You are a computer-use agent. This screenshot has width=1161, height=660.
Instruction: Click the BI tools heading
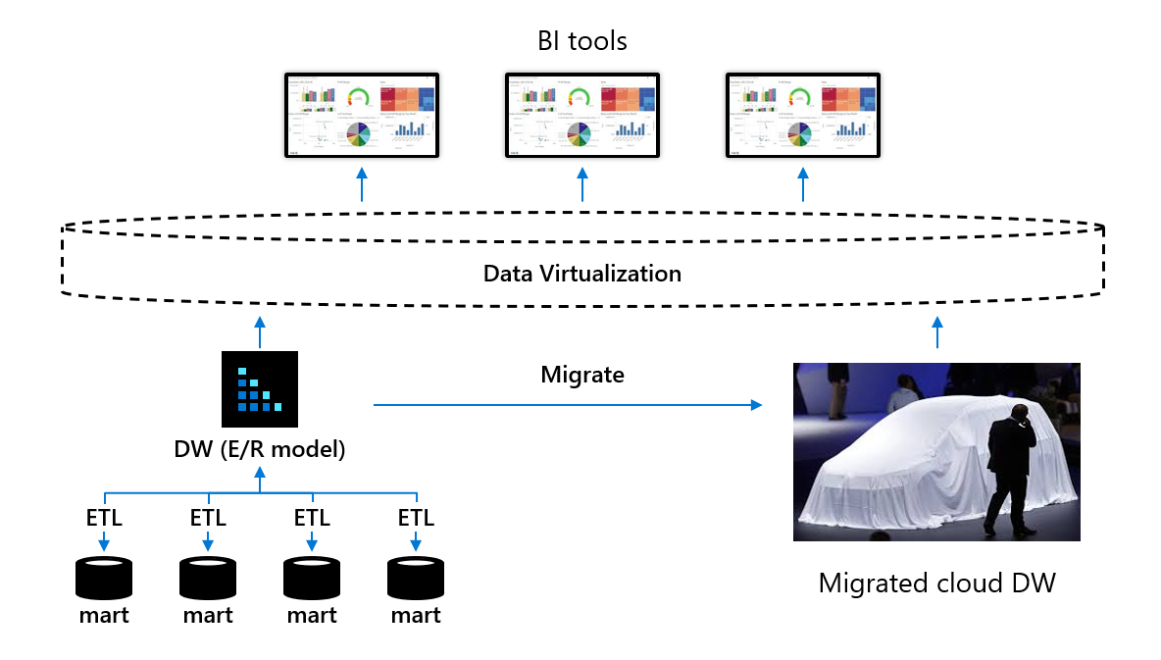[x=581, y=40]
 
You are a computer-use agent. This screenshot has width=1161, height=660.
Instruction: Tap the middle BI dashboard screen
[x=581, y=115]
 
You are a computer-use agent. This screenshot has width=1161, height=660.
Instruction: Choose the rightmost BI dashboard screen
[x=802, y=115]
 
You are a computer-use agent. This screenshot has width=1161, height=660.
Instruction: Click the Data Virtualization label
[x=581, y=274]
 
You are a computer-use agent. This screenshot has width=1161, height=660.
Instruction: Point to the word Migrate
[x=582, y=375]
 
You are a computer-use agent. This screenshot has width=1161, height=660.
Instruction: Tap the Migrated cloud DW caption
[x=936, y=584]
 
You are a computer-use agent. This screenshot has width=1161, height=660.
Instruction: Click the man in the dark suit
[x=1011, y=466]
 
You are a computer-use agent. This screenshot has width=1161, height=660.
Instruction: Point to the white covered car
[x=902, y=461]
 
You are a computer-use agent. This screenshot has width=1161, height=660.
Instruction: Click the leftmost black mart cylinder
[x=104, y=579]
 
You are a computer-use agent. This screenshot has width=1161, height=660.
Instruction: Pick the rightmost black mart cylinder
[x=416, y=579]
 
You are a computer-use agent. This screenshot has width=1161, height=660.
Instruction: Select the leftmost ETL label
[x=104, y=517]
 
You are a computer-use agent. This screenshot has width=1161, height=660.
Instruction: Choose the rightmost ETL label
[x=416, y=517]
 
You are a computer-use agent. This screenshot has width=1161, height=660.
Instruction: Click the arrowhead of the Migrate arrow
[x=756, y=404]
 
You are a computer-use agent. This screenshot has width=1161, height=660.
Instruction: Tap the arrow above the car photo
[x=937, y=331]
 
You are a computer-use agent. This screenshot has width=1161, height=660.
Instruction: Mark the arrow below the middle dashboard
[x=582, y=183]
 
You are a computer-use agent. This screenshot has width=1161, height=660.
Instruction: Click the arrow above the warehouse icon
[x=260, y=331]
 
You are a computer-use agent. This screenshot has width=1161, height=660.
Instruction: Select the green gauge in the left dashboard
[x=360, y=97]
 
